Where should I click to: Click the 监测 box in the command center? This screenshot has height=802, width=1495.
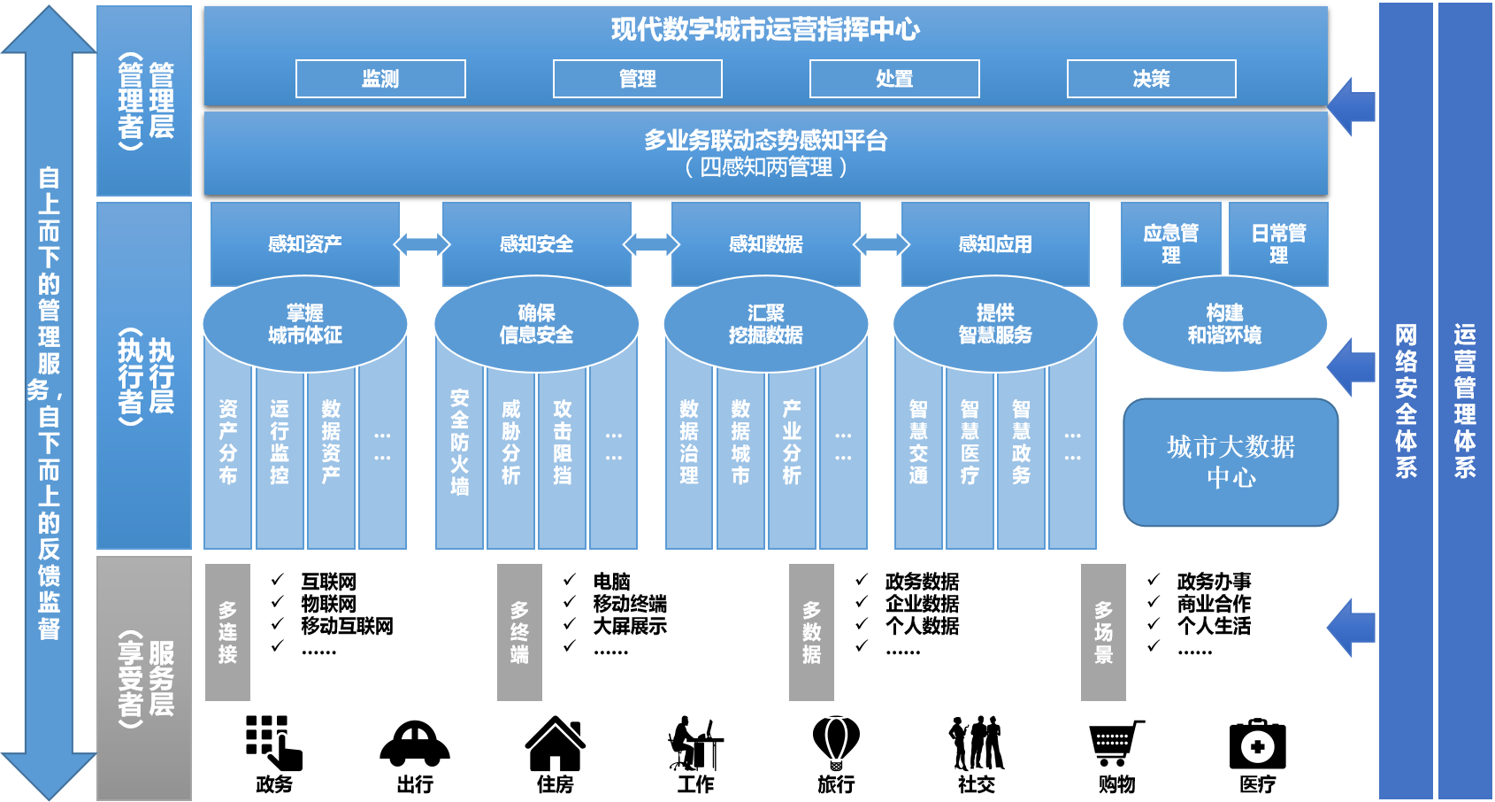pos(380,79)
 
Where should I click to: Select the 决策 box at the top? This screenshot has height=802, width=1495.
pos(1151,79)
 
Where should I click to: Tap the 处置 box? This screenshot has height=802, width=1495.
pos(894,79)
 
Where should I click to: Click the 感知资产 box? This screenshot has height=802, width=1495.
pos(305,243)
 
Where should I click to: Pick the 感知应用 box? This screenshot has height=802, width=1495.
pos(995,243)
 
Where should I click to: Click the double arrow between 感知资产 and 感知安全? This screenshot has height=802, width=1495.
pos(422,243)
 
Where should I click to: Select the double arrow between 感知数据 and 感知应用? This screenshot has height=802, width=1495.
pos(881,243)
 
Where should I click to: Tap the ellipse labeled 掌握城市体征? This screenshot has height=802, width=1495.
pos(305,324)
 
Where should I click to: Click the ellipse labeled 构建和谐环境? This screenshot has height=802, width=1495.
pos(1224,324)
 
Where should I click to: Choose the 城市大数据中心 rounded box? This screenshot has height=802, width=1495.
pos(1230,462)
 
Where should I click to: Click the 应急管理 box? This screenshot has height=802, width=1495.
pos(1170,243)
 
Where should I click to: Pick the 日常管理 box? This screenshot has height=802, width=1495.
pos(1278,243)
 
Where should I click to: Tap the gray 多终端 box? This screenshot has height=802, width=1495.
pos(519,632)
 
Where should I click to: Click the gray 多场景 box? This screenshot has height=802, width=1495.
pos(1103,632)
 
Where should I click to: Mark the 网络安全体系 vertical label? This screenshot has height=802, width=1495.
pos(1406,400)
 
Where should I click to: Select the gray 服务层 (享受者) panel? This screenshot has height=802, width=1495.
pos(144,678)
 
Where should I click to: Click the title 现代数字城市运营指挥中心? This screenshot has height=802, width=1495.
pos(765,29)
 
